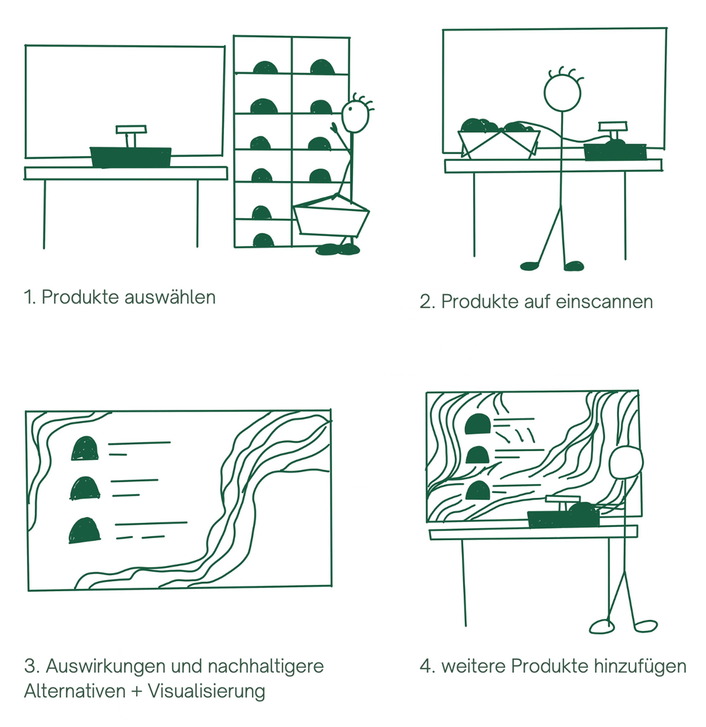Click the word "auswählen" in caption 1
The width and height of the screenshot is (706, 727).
[170, 297]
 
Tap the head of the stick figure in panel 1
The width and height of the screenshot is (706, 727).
[355, 117]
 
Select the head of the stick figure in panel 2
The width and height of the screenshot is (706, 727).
[562, 93]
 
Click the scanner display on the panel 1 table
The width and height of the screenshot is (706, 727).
[131, 129]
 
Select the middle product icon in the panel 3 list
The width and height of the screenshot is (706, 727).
[85, 489]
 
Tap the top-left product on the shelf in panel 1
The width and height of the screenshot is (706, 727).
[265, 68]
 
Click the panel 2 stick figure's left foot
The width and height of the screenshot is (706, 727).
[529, 266]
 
